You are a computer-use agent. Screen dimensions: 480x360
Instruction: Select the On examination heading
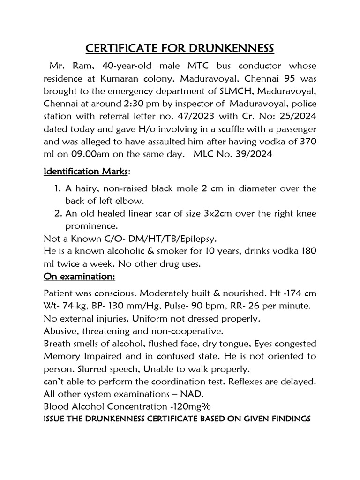coord(79,277)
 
